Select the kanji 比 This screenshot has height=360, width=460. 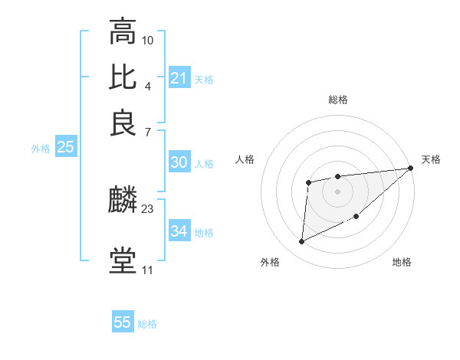click(x=123, y=77)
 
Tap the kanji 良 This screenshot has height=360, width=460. click(x=123, y=123)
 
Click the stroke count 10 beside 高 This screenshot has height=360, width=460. click(x=148, y=39)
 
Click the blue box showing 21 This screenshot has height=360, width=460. click(x=179, y=77)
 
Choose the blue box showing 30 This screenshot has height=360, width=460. click(x=179, y=162)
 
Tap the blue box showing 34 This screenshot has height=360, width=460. click(x=179, y=231)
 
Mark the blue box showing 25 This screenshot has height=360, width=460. click(x=65, y=147)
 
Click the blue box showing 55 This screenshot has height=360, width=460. click(x=123, y=322)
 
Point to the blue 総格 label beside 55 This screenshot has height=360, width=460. click(x=148, y=324)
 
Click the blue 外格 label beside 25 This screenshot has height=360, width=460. click(x=41, y=149)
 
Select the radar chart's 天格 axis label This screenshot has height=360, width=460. click(x=431, y=159)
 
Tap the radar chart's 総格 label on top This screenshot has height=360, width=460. click(x=337, y=100)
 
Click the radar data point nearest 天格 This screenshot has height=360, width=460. click(x=411, y=169)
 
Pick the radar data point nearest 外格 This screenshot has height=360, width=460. click(x=301, y=242)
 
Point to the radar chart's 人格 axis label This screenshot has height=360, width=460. click(x=245, y=159)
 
